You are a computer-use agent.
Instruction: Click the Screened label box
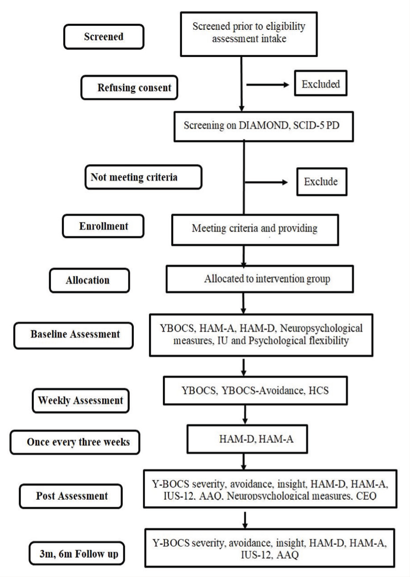(x=104, y=37)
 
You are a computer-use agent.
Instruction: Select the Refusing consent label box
(x=129, y=87)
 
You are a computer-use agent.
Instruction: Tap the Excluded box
(x=321, y=83)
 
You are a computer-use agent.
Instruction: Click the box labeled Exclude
(x=322, y=181)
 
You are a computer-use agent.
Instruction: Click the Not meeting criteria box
(x=144, y=177)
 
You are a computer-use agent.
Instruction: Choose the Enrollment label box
(x=104, y=226)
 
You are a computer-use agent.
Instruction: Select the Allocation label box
(x=89, y=280)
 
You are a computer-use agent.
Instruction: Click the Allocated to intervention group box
(x=260, y=279)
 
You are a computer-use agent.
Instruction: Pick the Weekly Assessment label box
(x=81, y=400)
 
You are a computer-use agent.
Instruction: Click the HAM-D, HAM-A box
(x=248, y=439)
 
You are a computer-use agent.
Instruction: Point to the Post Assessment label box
(x=71, y=496)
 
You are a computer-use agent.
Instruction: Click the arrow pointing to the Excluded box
(x=268, y=84)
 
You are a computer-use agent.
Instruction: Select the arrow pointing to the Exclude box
(x=266, y=182)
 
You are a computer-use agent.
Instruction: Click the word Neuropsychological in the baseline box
(x=321, y=329)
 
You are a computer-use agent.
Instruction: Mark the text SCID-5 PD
(x=316, y=125)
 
